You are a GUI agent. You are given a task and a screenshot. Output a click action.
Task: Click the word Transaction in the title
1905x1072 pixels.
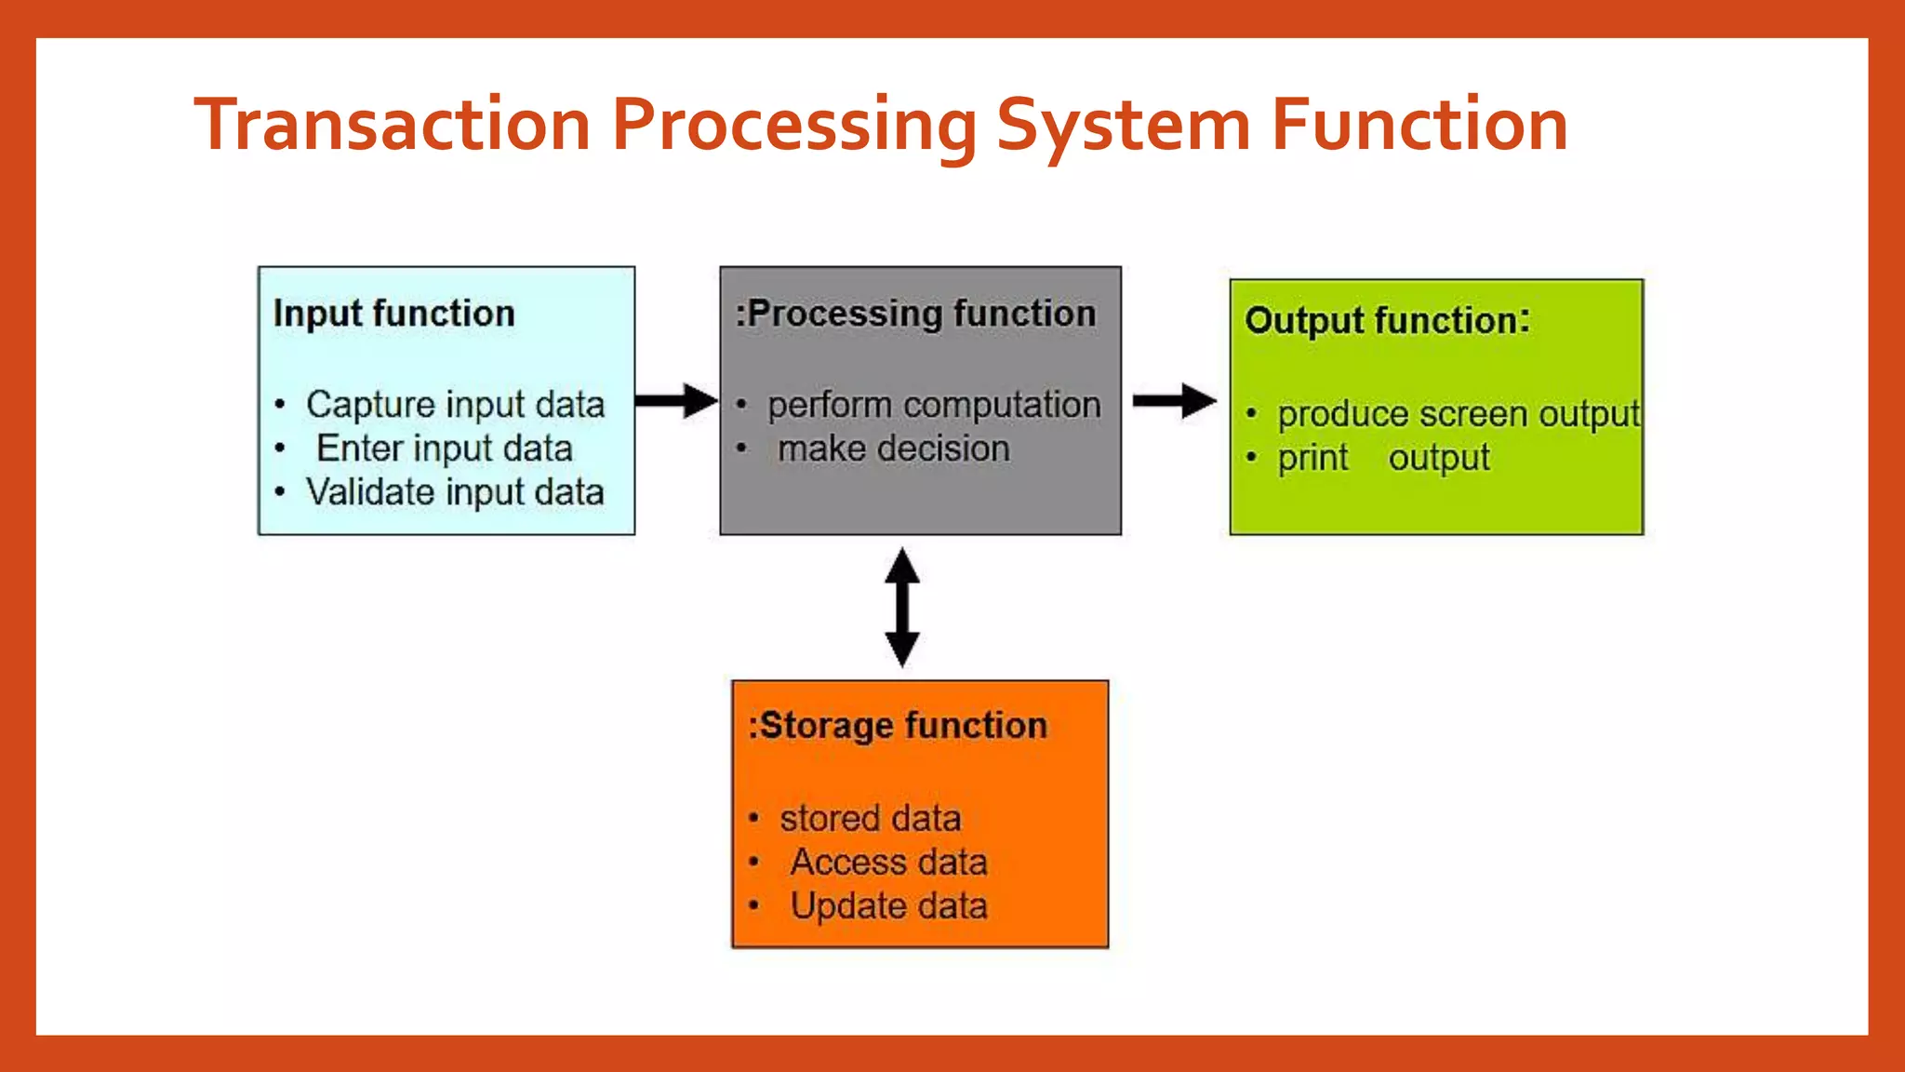point(392,125)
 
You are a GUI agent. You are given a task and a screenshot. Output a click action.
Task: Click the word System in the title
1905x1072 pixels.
point(1123,125)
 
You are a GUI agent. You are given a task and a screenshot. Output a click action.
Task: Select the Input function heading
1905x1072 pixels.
point(393,314)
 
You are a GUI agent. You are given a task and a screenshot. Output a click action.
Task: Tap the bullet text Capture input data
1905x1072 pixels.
point(455,405)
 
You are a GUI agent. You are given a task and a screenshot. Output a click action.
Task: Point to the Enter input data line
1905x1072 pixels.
point(444,449)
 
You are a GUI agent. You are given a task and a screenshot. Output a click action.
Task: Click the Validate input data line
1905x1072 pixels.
point(455,492)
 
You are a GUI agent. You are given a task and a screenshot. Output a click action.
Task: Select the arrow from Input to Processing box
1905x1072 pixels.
point(676,401)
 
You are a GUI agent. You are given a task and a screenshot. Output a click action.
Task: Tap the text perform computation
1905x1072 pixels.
point(933,405)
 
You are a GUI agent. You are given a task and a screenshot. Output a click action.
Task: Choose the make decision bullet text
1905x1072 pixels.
point(893,449)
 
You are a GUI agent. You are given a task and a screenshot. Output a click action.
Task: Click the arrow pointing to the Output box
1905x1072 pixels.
point(1174,401)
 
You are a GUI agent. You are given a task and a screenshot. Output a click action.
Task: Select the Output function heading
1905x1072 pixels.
point(1386,321)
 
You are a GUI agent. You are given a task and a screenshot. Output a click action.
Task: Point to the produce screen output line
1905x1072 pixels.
point(1458,414)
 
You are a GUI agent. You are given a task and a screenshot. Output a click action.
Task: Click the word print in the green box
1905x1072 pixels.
point(1312,458)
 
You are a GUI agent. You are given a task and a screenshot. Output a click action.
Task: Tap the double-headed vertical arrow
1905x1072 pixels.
point(901,608)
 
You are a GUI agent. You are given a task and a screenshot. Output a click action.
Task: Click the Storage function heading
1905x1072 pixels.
point(898,726)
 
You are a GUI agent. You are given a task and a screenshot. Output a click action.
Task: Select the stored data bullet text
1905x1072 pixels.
point(870,819)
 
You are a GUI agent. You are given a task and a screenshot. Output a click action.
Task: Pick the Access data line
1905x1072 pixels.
point(888,863)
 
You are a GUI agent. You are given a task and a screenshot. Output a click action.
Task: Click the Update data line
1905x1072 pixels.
point(888,906)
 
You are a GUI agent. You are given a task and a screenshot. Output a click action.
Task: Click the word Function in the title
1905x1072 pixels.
point(1419,125)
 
